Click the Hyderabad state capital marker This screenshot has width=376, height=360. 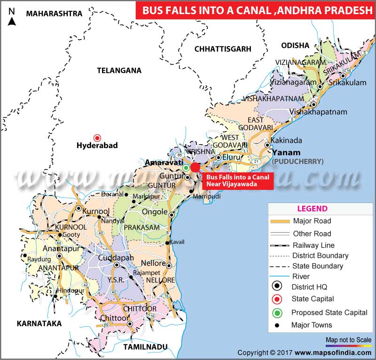[97, 138]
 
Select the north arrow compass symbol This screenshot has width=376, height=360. [12, 17]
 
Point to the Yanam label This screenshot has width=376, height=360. [286, 152]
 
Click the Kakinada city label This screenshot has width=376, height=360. [286, 141]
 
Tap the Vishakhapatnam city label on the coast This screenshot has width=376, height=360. [318, 112]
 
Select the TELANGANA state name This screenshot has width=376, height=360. [119, 70]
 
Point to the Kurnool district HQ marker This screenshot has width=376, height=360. [79, 209]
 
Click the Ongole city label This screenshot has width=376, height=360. [155, 211]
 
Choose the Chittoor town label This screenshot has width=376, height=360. [114, 318]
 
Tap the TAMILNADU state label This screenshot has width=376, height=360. [145, 347]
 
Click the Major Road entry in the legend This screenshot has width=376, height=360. [312, 221]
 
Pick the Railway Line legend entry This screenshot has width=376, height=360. [313, 245]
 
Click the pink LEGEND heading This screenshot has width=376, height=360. [312, 209]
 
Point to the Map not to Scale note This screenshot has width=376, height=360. [348, 339]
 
